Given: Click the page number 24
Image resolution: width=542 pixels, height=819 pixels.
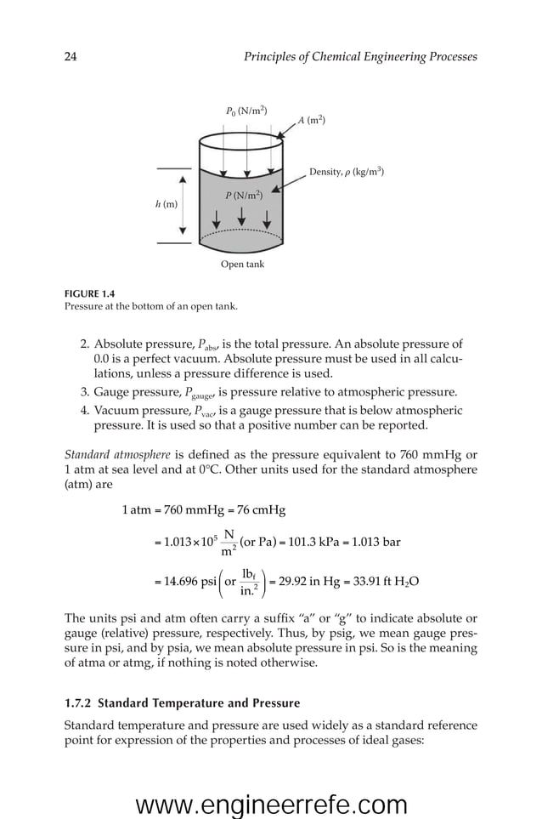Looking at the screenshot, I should pos(71,57).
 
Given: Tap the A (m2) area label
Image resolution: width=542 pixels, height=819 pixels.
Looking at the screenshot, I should pos(311,120).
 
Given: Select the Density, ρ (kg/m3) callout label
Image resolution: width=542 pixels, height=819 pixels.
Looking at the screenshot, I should pos(347,172).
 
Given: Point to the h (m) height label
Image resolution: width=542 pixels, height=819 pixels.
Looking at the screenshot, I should pos(167,205).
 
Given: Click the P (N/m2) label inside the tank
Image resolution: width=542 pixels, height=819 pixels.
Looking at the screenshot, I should pos(243,196).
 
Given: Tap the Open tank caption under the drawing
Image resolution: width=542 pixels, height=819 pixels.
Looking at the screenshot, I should pos(242,264).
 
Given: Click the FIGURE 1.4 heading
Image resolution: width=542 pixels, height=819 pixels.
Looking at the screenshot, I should pos(89,293).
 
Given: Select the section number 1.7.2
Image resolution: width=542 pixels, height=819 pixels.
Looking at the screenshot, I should pos(82,703).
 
